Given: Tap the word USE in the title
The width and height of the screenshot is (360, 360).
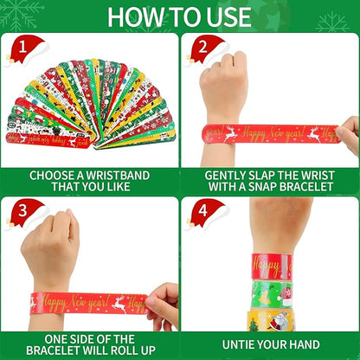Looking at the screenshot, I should pos(227,16).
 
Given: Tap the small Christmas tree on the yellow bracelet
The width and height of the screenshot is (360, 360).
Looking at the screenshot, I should pos(254,325).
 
